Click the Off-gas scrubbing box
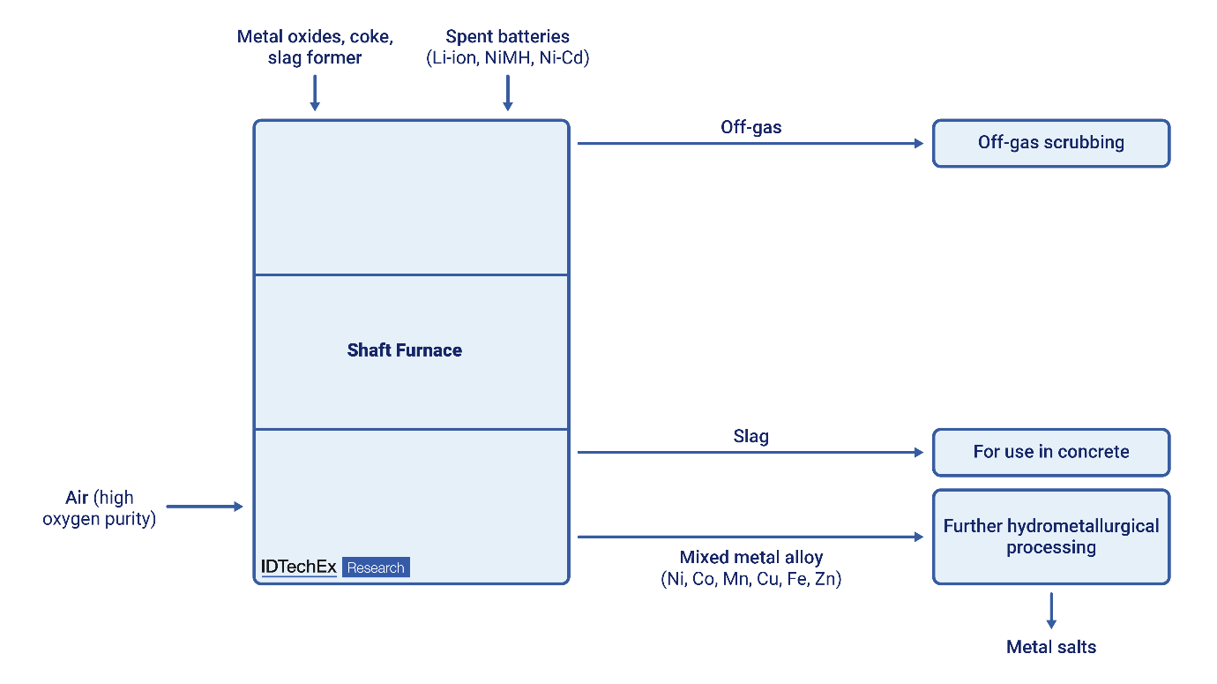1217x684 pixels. (1050, 143)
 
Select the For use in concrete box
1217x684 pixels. (1050, 452)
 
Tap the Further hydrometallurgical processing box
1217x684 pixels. (1050, 537)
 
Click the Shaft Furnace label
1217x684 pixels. (405, 350)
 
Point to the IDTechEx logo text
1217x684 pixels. (299, 567)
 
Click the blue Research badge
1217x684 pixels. (376, 567)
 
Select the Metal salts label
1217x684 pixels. (1051, 647)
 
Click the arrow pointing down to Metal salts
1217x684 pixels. (1051, 610)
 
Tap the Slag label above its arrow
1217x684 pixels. (750, 436)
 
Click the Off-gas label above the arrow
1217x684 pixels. (750, 127)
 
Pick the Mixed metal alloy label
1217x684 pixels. (750, 558)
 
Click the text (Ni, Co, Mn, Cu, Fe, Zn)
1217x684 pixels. (750, 580)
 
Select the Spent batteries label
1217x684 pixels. (507, 37)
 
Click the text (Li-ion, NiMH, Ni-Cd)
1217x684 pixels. (507, 58)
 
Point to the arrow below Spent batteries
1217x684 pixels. (507, 93)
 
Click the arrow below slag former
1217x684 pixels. (315, 93)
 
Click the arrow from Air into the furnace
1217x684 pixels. (204, 507)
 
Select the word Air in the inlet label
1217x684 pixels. (77, 499)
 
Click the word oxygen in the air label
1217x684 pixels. (70, 519)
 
